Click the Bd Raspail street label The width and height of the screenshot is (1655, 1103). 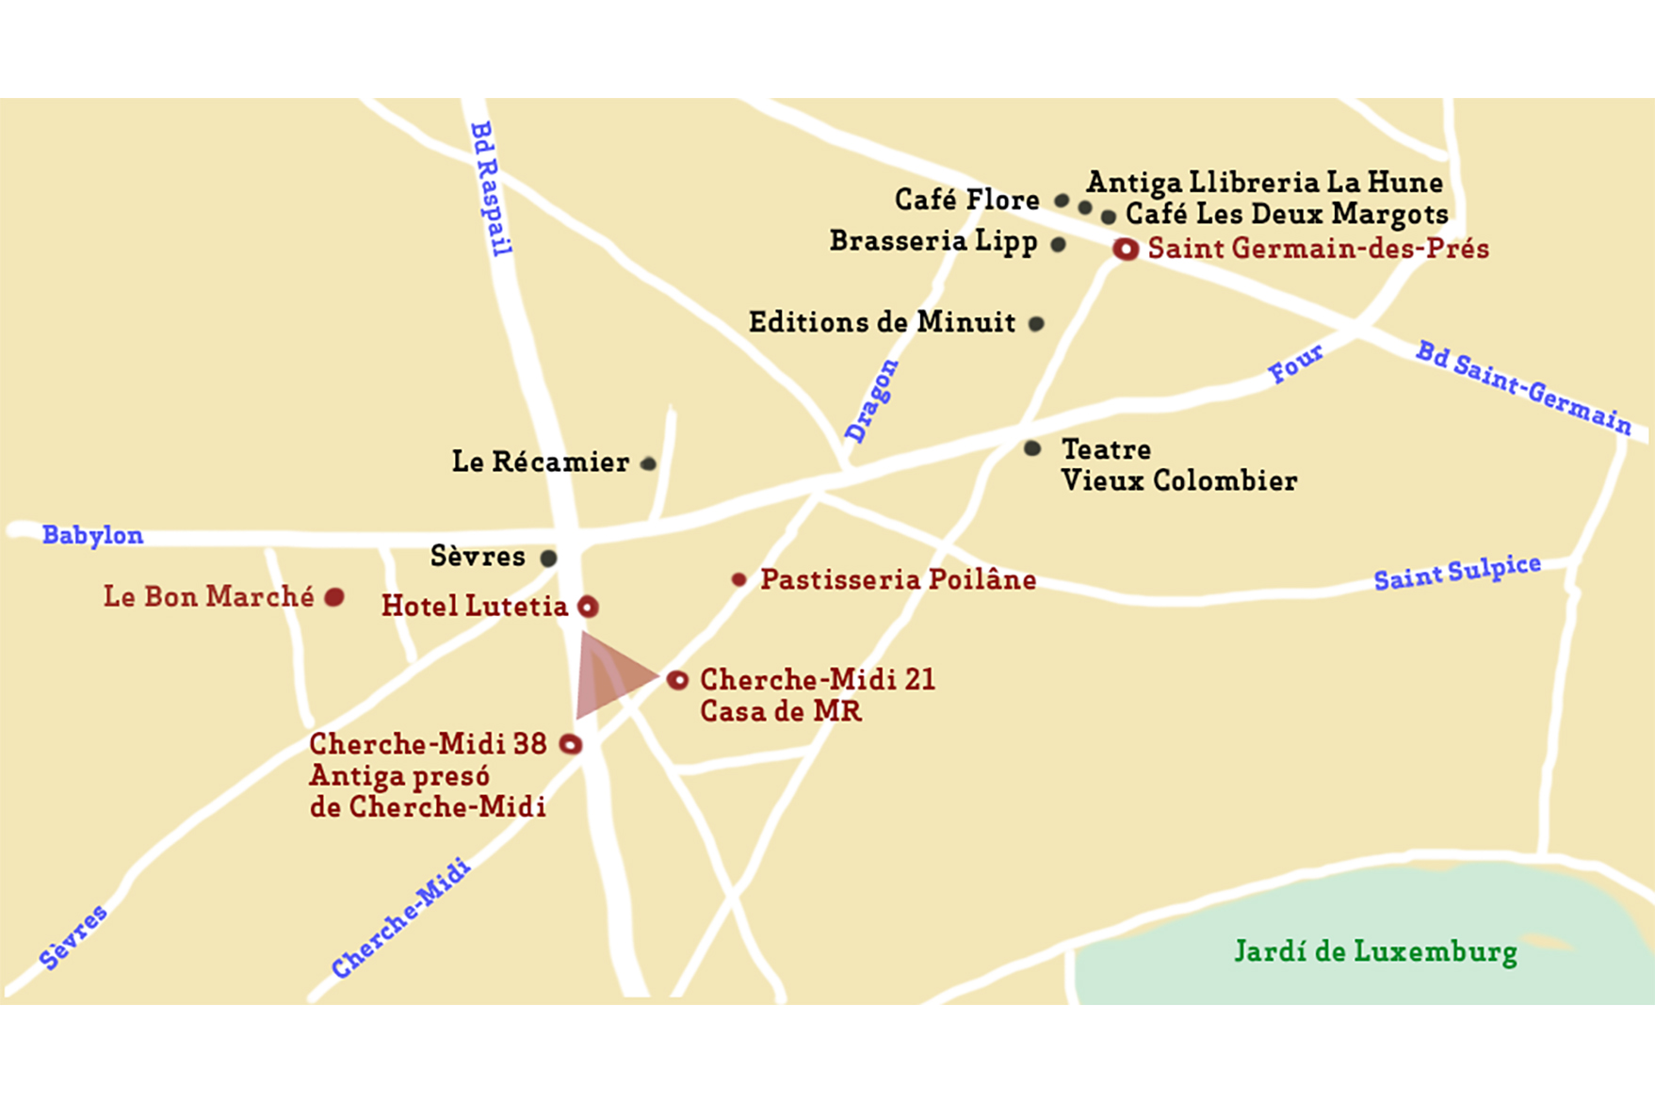pyautogui.click(x=491, y=188)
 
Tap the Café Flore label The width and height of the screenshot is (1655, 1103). pyautogui.click(x=966, y=200)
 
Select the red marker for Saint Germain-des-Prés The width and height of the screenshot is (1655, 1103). pyautogui.click(x=1126, y=250)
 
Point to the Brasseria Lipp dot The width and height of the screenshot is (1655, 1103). pyautogui.click(x=1058, y=245)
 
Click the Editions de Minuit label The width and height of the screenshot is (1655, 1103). pyautogui.click(x=882, y=322)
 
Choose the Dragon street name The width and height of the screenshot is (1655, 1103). pyautogui.click(x=871, y=400)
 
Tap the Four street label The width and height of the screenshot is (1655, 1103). pyautogui.click(x=1295, y=364)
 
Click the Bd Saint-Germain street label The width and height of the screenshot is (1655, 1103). pyautogui.click(x=1523, y=388)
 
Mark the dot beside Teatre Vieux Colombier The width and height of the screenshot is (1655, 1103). pyautogui.click(x=1032, y=448)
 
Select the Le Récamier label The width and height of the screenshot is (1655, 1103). pyautogui.click(x=540, y=462)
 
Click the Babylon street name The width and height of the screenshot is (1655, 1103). pyautogui.click(x=92, y=535)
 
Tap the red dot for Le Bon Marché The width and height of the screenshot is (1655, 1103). pyautogui.click(x=334, y=597)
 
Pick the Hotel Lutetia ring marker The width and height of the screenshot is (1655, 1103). pyautogui.click(x=588, y=607)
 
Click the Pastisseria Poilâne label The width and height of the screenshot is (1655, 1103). pyautogui.click(x=898, y=579)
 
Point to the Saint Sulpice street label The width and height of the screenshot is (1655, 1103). pyautogui.click(x=1457, y=572)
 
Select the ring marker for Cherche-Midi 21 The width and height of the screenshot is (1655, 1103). pyautogui.click(x=677, y=680)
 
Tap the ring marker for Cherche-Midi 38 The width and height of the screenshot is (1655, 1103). pyautogui.click(x=571, y=744)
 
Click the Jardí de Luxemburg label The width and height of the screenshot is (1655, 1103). pyautogui.click(x=1375, y=951)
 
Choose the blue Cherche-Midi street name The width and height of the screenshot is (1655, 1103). pyautogui.click(x=400, y=917)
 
